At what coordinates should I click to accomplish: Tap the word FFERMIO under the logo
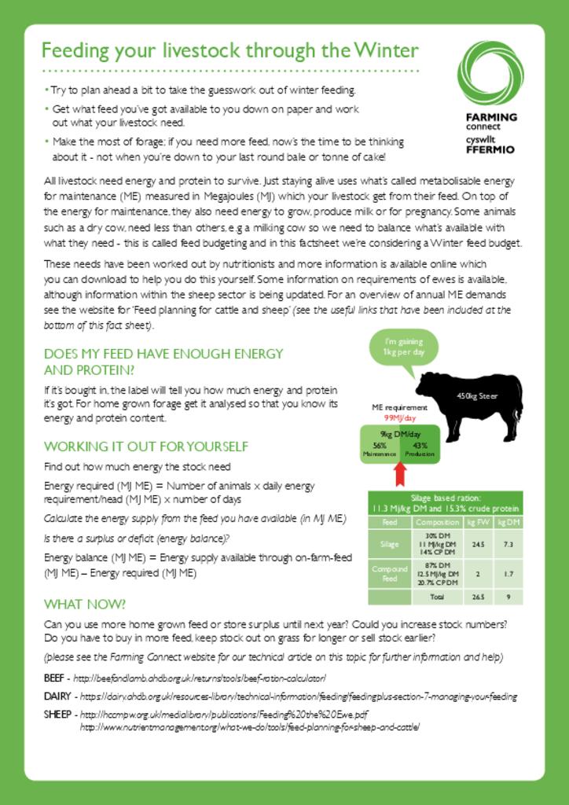[490, 149]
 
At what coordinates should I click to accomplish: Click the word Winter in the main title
[386, 51]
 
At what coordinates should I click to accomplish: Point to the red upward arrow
[399, 473]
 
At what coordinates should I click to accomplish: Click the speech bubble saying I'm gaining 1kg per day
[403, 347]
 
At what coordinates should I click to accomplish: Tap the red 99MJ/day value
[400, 418]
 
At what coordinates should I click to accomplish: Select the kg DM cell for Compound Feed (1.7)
[508, 574]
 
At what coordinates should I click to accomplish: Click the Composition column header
[437, 522]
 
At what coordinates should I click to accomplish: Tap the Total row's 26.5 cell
[478, 597]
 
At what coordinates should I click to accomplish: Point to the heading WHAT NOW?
[85, 605]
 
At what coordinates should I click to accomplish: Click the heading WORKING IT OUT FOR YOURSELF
[146, 447]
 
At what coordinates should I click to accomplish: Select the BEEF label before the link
[55, 678]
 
